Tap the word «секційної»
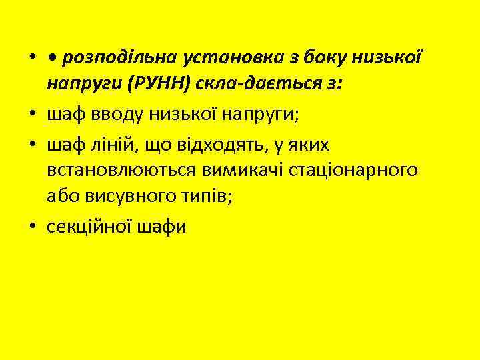tap(90, 226)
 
